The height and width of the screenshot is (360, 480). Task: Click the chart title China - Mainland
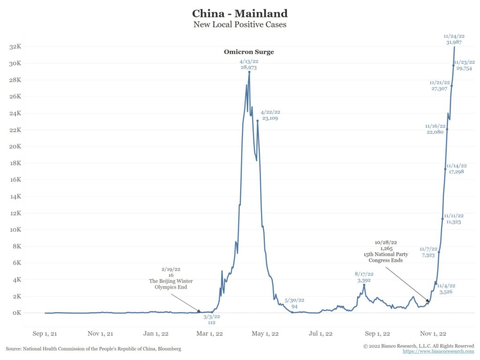pyautogui.click(x=240, y=13)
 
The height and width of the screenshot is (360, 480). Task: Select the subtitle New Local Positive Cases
pyautogui.click(x=240, y=24)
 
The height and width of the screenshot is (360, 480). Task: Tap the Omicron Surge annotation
pyautogui.click(x=248, y=52)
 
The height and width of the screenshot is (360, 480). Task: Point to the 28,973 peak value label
pyautogui.click(x=248, y=68)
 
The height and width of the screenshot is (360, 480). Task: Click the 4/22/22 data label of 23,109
pyautogui.click(x=270, y=115)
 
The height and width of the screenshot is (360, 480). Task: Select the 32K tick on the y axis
pyautogui.click(x=16, y=46)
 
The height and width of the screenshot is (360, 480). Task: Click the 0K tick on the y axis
pyautogui.click(x=17, y=313)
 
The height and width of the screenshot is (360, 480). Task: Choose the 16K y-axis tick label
pyautogui.click(x=16, y=180)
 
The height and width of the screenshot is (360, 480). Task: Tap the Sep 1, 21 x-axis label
pyautogui.click(x=43, y=334)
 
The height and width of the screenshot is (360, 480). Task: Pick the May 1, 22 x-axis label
pyautogui.click(x=266, y=334)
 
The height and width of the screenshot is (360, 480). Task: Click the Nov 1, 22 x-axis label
pyautogui.click(x=433, y=334)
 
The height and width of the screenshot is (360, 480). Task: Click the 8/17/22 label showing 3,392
pyautogui.click(x=364, y=277)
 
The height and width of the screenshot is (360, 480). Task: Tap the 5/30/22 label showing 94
pyautogui.click(x=294, y=303)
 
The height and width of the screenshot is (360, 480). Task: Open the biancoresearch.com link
pyautogui.click(x=438, y=351)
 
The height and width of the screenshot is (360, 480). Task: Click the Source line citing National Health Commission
pyautogui.click(x=93, y=349)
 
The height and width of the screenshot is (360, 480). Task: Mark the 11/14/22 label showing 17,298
pyautogui.click(x=456, y=169)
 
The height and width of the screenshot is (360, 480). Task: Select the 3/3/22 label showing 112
pyautogui.click(x=211, y=319)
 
